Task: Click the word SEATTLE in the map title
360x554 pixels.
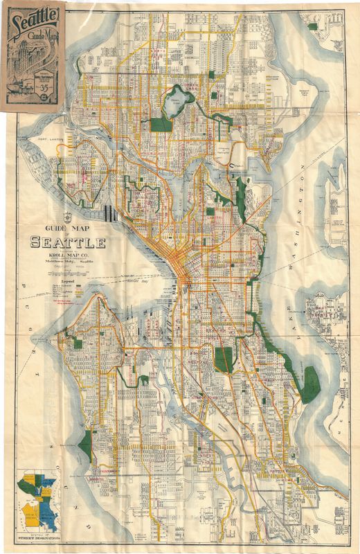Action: (67, 243)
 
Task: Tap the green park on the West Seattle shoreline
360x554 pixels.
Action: (86, 444)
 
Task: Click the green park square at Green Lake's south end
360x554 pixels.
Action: (161, 125)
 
